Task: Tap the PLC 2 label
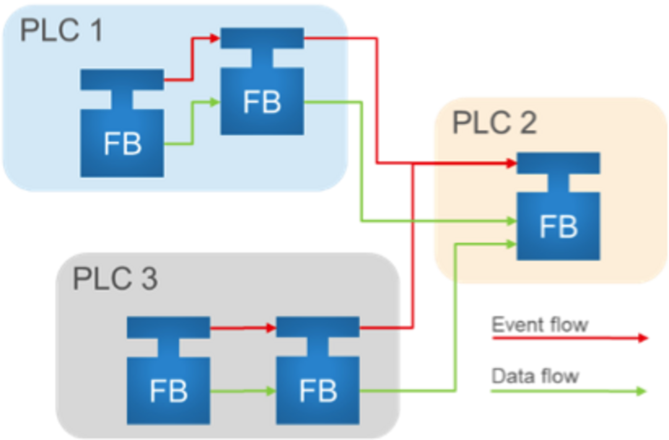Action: (494, 122)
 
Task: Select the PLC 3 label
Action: (115, 279)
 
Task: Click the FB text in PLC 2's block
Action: (558, 227)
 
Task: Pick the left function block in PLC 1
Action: (122, 138)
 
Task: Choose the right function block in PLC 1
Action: (262, 95)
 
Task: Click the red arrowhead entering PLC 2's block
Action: (511, 163)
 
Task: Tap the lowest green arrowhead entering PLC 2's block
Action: (511, 244)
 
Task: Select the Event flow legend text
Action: (540, 325)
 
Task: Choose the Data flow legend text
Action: (535, 376)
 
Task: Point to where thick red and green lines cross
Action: (412, 221)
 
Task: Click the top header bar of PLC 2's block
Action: (558, 163)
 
